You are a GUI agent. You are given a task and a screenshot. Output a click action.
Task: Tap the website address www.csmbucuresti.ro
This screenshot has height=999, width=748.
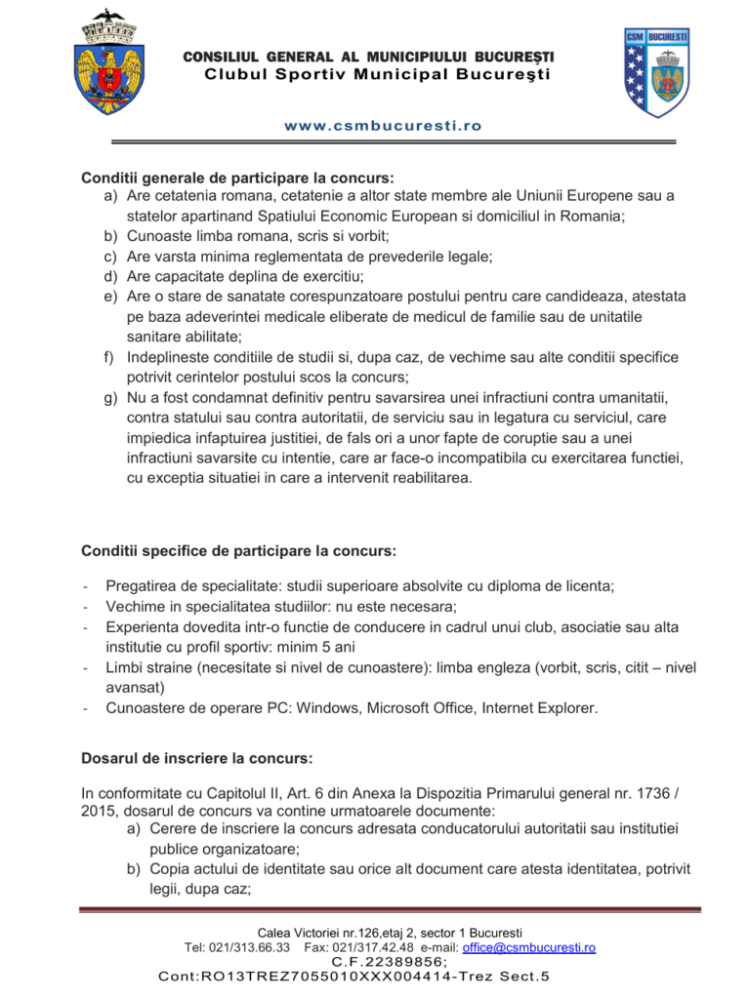tap(383, 126)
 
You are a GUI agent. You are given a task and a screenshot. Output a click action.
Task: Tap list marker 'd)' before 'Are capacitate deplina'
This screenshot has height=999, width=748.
tap(110, 276)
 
